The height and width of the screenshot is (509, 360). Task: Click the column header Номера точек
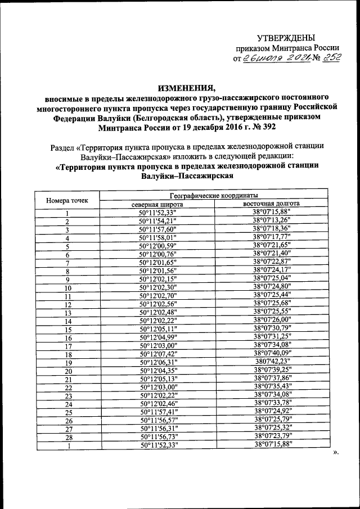66,199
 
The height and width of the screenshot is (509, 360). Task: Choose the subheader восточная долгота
272,204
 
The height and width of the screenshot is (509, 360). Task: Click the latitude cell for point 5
158,246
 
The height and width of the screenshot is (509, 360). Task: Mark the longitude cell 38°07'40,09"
272,354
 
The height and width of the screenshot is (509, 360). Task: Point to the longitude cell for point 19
272,363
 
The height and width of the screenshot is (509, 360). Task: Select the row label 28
69,438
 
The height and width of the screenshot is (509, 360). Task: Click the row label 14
69,321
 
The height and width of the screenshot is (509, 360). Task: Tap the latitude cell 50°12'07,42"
158,354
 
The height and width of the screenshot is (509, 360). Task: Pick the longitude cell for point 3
272,229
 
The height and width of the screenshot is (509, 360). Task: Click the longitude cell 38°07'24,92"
272,412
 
